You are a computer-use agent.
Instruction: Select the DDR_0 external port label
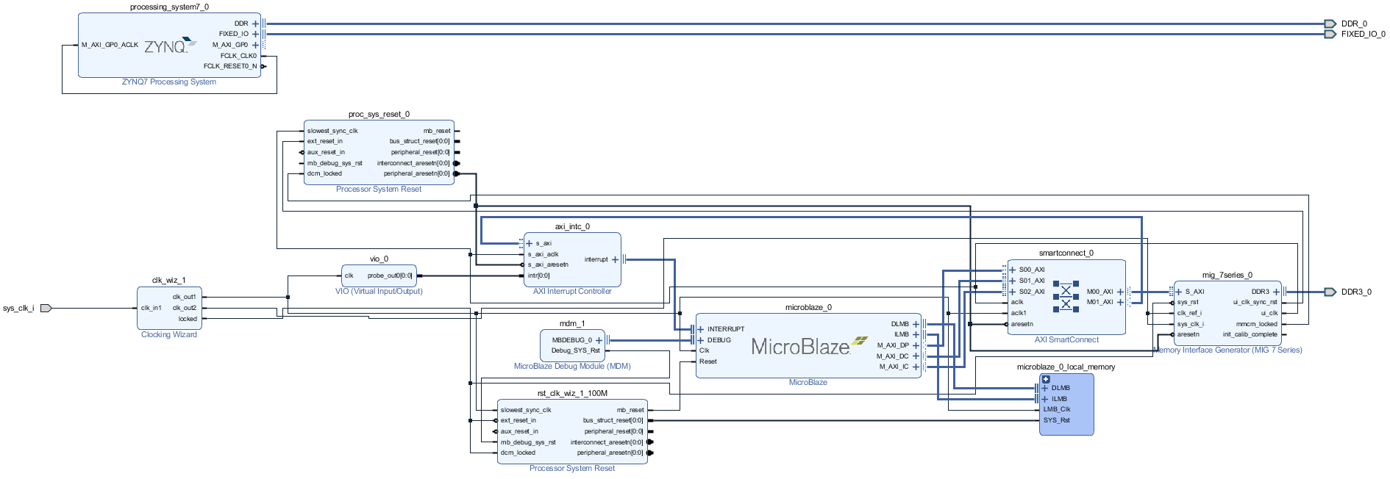pyautogui.click(x=1353, y=24)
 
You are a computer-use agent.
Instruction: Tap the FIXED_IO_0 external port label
pyautogui.click(x=1362, y=34)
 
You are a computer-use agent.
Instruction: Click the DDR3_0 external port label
pyautogui.click(x=1355, y=292)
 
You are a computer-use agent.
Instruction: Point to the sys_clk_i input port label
pyautogui.click(x=18, y=308)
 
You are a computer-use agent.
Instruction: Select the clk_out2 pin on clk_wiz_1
pyautogui.click(x=185, y=308)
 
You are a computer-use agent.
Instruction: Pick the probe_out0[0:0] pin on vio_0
pyautogui.click(x=390, y=275)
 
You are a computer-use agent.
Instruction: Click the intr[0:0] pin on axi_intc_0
pyautogui.click(x=538, y=275)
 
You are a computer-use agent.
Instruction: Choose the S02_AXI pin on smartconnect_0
pyautogui.click(x=1031, y=292)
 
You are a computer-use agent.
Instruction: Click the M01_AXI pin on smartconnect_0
pyautogui.click(x=1100, y=302)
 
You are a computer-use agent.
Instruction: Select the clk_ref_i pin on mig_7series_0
pyautogui.click(x=1189, y=313)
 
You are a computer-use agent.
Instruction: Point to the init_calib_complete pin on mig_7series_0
pyautogui.click(x=1250, y=334)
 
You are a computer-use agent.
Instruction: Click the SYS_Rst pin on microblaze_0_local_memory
pyautogui.click(x=1056, y=420)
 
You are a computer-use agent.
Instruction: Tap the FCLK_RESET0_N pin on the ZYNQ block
pyautogui.click(x=230, y=66)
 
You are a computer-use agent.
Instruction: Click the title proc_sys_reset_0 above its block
pyautogui.click(x=379, y=114)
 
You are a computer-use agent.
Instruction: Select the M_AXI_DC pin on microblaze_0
pyautogui.click(x=892, y=356)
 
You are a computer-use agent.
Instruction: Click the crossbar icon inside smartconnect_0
pyautogui.click(x=1066, y=296)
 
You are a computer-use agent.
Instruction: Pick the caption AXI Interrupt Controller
pyautogui.click(x=572, y=291)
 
